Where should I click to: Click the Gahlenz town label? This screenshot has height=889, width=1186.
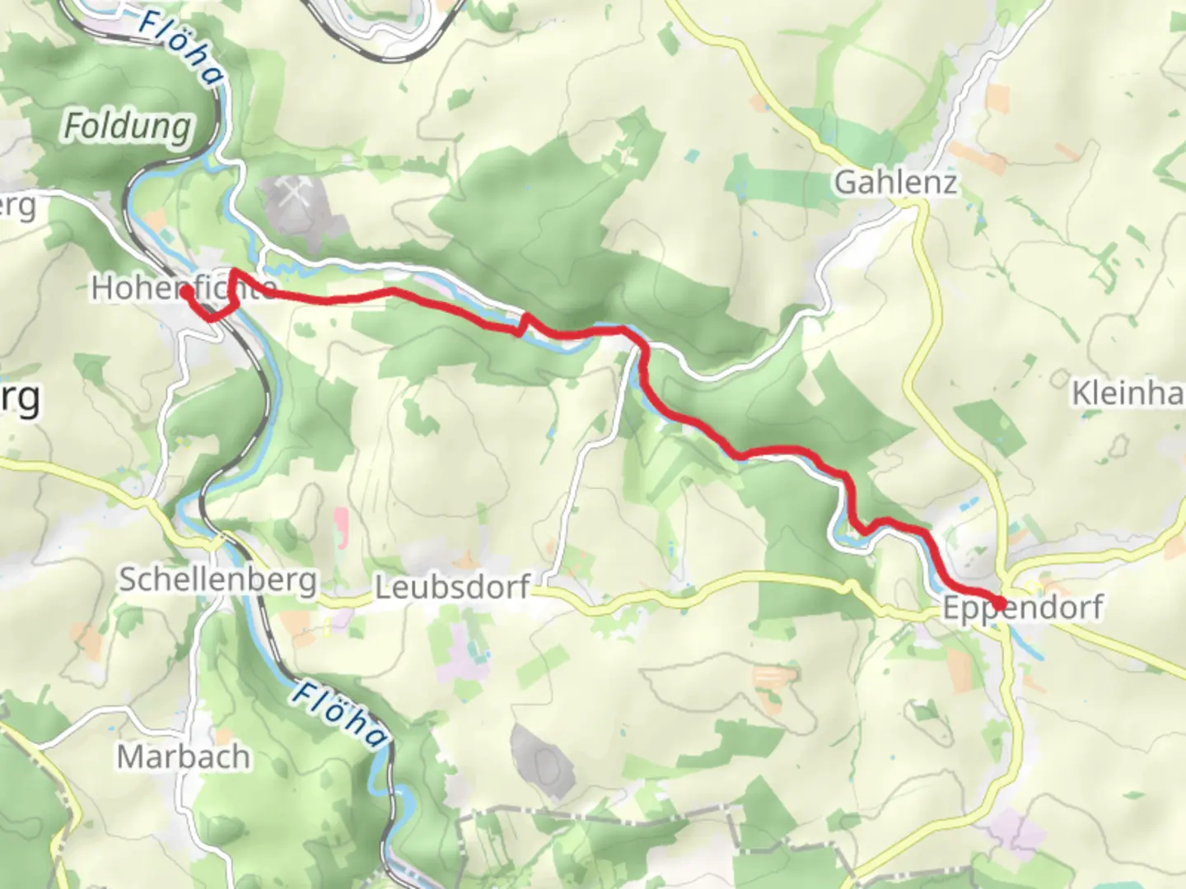click(895, 182)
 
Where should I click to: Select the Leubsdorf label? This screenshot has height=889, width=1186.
click(452, 588)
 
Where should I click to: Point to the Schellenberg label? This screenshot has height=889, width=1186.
click(217, 579)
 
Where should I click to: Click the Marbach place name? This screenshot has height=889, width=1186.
click(183, 756)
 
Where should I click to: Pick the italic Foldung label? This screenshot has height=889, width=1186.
click(128, 127)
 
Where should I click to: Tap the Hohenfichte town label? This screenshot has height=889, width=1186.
click(183, 288)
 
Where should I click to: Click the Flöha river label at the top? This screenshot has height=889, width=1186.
click(181, 47)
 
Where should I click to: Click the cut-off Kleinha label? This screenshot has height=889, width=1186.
click(1127, 393)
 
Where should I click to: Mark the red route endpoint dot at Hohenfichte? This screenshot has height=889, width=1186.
click(187, 291)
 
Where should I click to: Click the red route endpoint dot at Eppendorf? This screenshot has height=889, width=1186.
click(999, 604)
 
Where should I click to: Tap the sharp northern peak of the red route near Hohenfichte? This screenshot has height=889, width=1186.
click(235, 271)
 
